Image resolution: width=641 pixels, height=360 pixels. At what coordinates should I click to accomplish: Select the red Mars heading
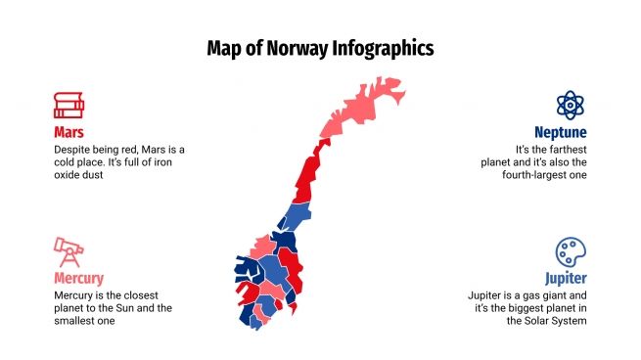[x=69, y=131]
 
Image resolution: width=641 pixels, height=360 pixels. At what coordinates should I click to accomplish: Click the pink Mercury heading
[x=78, y=278]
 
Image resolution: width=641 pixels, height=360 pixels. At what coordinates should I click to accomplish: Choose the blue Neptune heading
[x=560, y=131]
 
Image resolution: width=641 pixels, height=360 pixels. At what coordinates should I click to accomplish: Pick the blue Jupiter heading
[x=566, y=278]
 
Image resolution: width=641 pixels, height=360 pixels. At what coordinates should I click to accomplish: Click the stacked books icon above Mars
[x=68, y=105]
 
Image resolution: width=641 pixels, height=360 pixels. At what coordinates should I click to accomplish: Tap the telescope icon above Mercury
[x=68, y=251]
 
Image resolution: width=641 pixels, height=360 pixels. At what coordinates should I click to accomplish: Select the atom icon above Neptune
[x=571, y=105]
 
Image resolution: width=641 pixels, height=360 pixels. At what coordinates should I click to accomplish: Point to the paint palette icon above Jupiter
[x=571, y=251]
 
